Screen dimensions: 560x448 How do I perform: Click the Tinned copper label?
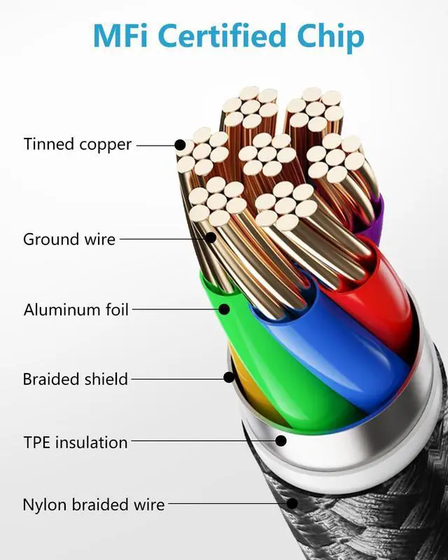77,145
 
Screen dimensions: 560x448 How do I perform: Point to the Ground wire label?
69,239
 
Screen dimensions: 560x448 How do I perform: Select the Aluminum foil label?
76,309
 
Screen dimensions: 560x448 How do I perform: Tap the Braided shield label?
76,379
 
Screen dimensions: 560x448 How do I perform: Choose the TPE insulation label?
75,442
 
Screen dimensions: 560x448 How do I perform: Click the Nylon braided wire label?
94,504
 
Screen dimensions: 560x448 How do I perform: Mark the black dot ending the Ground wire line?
211,238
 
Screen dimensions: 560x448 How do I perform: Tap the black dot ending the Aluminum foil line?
225,309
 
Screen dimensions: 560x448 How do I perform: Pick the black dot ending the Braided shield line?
229,378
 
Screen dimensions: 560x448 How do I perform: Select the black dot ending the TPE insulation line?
281,441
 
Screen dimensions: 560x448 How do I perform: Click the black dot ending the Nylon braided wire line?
292,503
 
